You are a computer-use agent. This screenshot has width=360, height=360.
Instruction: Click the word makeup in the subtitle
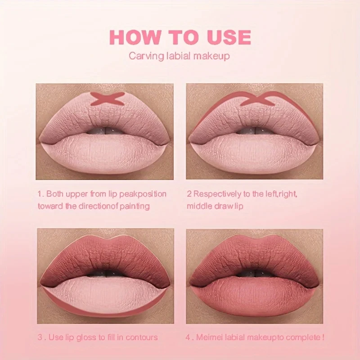[214, 56]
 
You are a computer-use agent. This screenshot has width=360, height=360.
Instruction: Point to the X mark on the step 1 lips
[107, 98]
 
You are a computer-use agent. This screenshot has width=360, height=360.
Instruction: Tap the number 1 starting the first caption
[40, 194]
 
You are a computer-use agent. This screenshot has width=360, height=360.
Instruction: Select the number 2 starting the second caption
[189, 194]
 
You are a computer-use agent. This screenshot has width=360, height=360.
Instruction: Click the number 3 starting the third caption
[40, 337]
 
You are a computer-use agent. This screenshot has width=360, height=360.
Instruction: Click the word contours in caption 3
[144, 337]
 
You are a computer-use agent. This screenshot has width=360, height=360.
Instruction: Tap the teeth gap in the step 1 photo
[106, 131]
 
